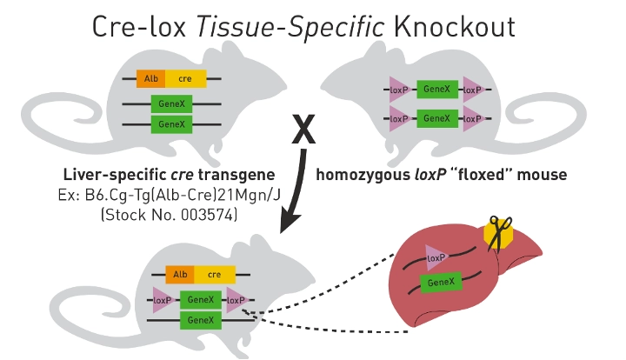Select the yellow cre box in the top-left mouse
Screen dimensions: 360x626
[x=185, y=78]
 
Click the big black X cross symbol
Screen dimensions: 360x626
[x=303, y=130]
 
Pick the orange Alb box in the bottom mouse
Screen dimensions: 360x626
[x=180, y=275]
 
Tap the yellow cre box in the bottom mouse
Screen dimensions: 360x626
[x=214, y=275]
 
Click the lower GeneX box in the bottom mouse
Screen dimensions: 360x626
[x=201, y=321]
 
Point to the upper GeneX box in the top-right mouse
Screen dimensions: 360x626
[x=435, y=89]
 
